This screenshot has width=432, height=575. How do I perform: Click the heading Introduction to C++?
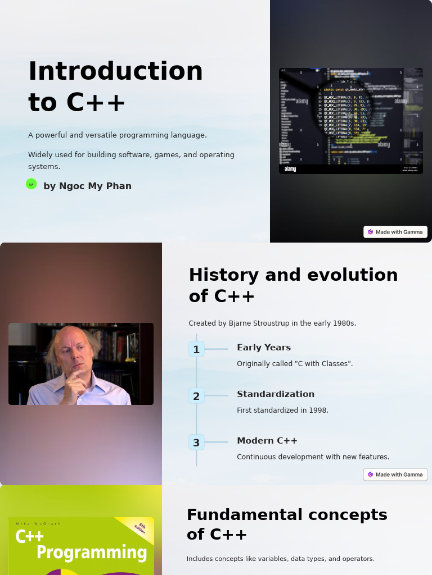click(x=115, y=86)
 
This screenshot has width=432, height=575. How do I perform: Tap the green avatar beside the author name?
click(x=31, y=184)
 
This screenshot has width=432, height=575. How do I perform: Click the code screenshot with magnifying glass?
click(x=350, y=121)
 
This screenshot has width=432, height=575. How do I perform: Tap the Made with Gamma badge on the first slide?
click(x=395, y=232)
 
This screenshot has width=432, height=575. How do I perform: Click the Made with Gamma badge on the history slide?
click(x=395, y=474)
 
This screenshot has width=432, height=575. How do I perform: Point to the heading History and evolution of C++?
click(x=293, y=285)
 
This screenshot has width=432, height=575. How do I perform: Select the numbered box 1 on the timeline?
click(x=196, y=349)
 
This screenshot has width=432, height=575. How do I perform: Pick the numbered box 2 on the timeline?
click(x=196, y=396)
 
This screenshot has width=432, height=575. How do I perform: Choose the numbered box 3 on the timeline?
click(x=196, y=442)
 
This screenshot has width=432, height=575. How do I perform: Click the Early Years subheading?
click(x=264, y=348)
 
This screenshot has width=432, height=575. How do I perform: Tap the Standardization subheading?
click(x=276, y=394)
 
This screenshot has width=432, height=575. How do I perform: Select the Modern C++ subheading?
click(x=267, y=441)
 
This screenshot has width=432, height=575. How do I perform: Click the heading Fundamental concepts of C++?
click(x=287, y=524)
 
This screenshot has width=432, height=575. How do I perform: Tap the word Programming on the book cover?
click(x=92, y=552)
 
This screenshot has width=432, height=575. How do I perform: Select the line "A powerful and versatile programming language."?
click(x=118, y=135)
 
